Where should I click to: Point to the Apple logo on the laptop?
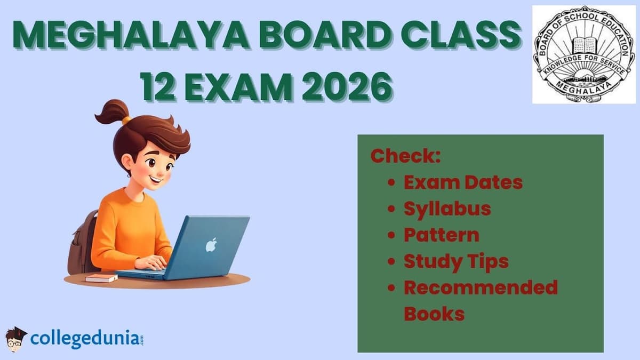pos(211,245)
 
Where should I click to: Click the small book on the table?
pos(101,278)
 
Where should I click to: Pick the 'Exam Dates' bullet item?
pos(462,182)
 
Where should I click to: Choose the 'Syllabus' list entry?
pos(447,208)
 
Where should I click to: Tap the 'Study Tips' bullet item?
pos(455,261)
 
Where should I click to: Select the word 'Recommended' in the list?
pos(480,287)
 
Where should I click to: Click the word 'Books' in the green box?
pos(434,313)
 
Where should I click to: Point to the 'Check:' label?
pos(405,156)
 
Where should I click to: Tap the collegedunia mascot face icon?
pos(16,339)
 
